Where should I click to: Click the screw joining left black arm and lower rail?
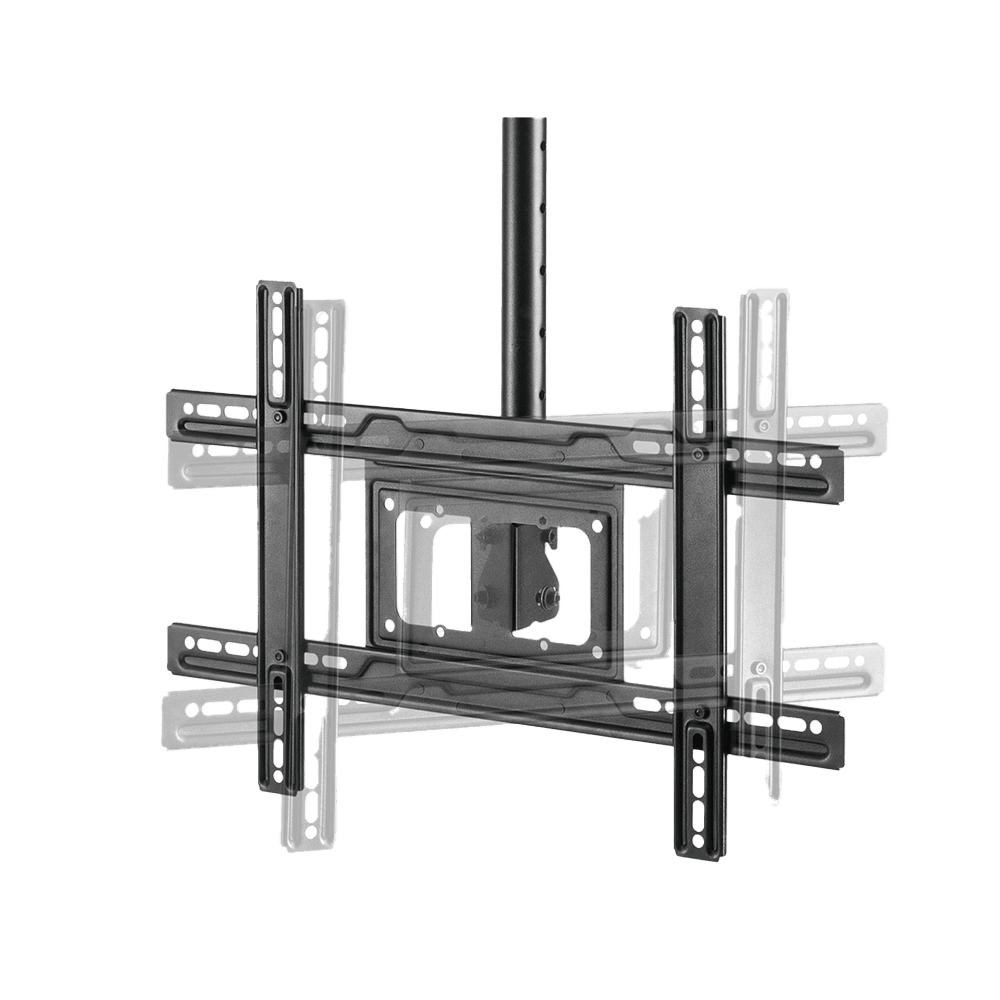pyautogui.click(x=279, y=657)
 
